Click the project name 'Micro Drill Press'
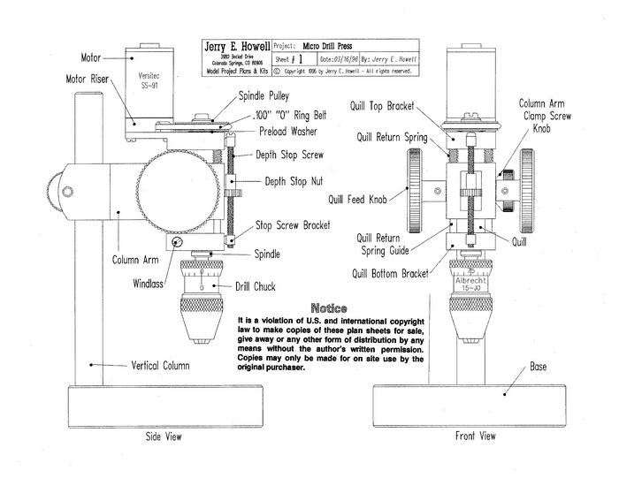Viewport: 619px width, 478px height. (337, 43)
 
